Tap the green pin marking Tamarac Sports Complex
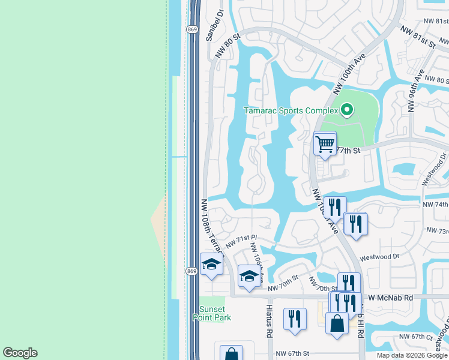[x=346, y=110]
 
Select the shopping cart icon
[x=325, y=144]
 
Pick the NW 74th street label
[x=436, y=205]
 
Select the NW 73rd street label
[x=437, y=230]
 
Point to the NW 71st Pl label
[x=241, y=242]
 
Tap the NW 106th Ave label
[x=257, y=263]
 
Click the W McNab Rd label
[x=391, y=298]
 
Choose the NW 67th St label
[x=292, y=355]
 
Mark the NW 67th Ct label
[x=418, y=337]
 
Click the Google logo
[x=20, y=353]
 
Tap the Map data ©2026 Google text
[x=412, y=355]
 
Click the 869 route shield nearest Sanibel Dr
[x=191, y=29]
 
